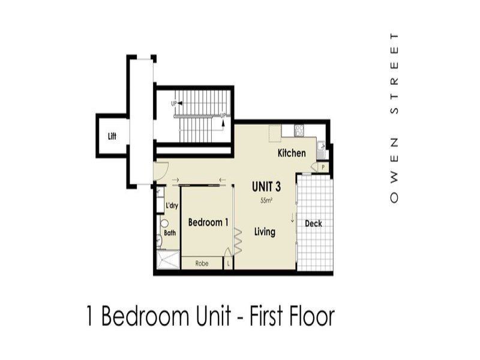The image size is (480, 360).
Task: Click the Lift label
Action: click(x=112, y=136)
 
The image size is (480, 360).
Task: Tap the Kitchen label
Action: click(x=292, y=153)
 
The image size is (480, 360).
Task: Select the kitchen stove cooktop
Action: click(x=299, y=131)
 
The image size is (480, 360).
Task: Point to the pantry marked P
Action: click(x=323, y=167)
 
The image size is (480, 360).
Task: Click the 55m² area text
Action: click(x=266, y=200)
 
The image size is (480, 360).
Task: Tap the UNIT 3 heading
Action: click(x=266, y=187)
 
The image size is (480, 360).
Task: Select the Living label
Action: click(x=265, y=232)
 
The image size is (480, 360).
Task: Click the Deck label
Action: click(x=313, y=223)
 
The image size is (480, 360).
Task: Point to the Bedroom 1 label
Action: click(x=208, y=222)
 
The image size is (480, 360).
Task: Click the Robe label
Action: click(x=202, y=263)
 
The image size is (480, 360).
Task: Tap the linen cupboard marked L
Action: click(x=228, y=263)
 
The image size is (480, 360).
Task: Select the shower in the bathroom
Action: click(x=168, y=260)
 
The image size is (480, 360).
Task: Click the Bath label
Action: click(x=170, y=233)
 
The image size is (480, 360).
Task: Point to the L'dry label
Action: click(x=172, y=205)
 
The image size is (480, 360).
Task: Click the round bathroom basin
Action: click(x=164, y=223)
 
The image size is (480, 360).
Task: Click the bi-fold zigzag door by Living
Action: click(x=238, y=241)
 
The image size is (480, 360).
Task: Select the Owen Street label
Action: click(x=394, y=118)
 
